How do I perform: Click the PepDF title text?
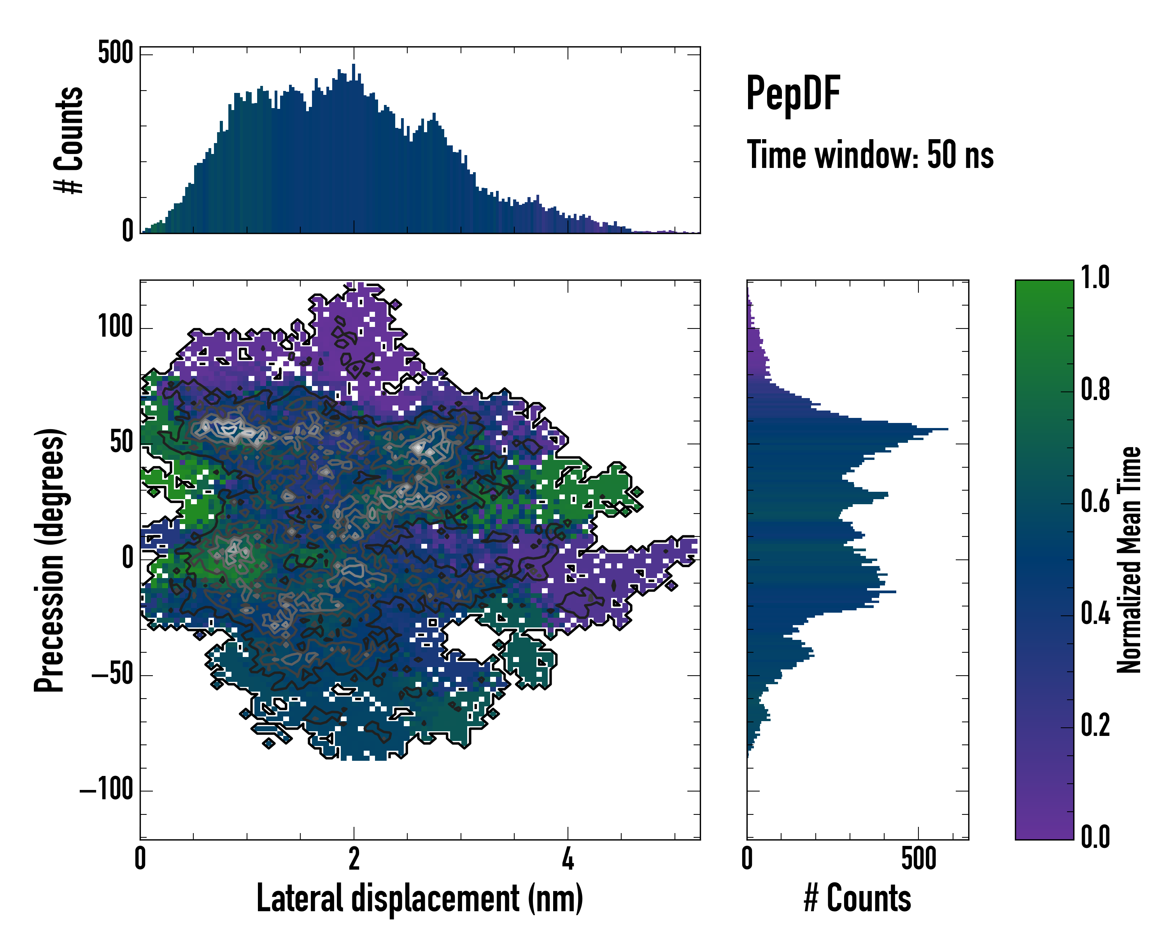tap(793, 94)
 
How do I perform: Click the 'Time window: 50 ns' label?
tap(870, 155)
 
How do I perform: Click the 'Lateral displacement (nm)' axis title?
tap(419, 899)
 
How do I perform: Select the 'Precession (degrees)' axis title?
tap(49, 560)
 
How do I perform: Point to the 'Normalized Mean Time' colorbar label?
tap(1129, 559)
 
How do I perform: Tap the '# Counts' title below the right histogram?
tap(857, 899)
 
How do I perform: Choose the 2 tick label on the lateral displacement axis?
tap(354, 859)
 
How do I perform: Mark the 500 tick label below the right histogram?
tap(918, 859)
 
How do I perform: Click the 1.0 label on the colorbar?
tap(1095, 278)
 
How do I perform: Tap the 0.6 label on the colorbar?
tap(1095, 501)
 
